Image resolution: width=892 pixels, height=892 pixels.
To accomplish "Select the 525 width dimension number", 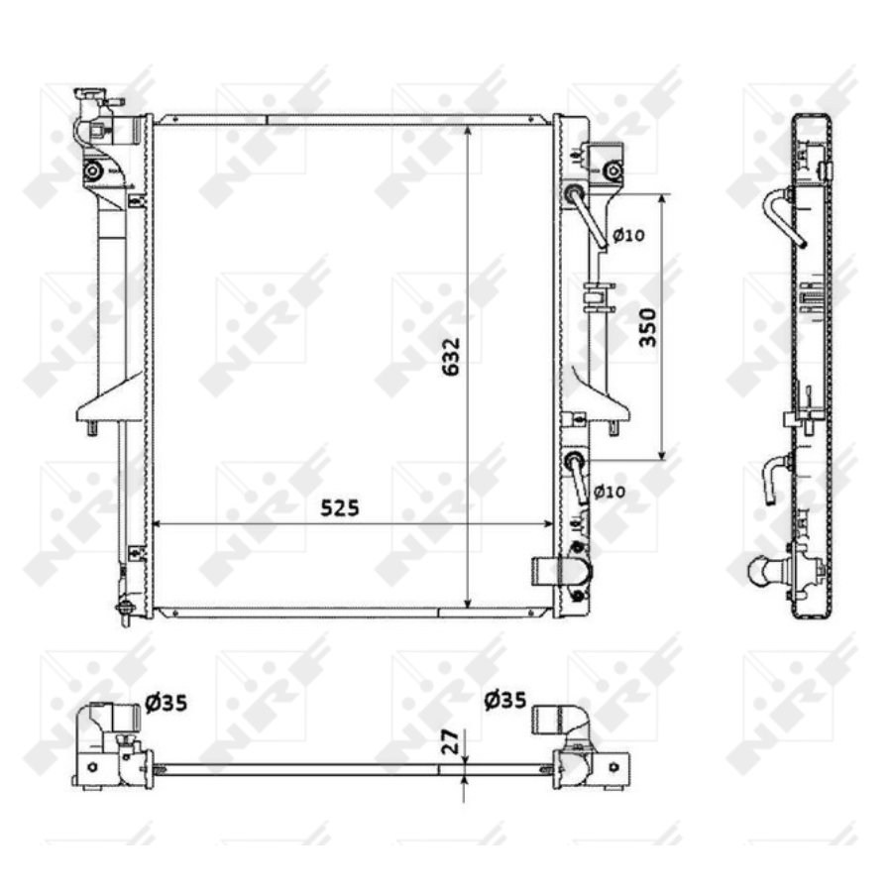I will (x=339, y=507).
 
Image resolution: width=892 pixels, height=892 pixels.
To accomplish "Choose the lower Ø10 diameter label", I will (x=610, y=491).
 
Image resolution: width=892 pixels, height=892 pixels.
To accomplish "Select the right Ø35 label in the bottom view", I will (x=505, y=701).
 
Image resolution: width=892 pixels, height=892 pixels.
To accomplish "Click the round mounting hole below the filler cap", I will (x=92, y=171).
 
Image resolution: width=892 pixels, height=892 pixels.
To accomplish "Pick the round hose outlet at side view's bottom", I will (x=765, y=572).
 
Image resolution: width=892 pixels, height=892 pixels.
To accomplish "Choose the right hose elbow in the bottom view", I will (x=561, y=719).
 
